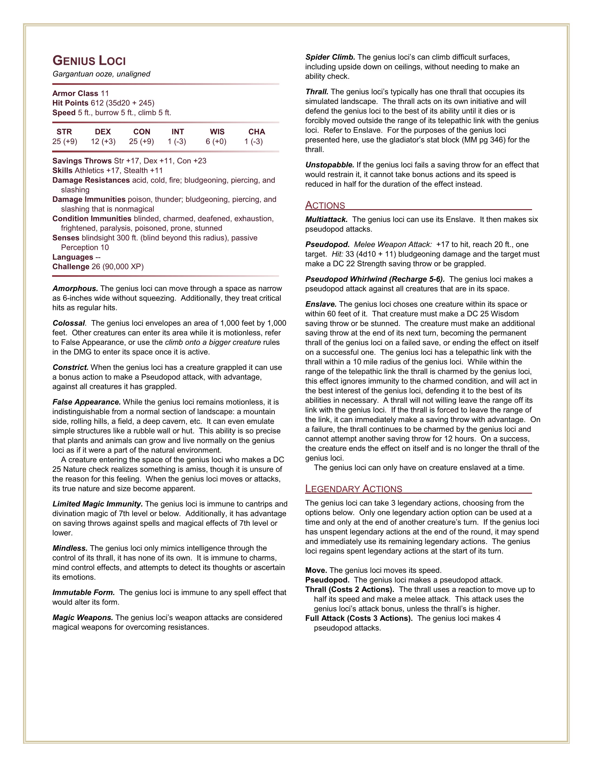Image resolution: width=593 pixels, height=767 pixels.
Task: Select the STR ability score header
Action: [x=64, y=132]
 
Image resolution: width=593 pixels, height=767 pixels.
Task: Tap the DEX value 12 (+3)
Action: [x=103, y=142]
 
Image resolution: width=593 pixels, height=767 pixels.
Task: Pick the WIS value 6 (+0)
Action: [x=216, y=142]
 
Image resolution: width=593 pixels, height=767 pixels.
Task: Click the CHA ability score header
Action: [x=257, y=132]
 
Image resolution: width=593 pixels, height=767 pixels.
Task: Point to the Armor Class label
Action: [x=75, y=93]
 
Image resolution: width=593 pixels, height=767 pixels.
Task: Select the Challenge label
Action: [x=71, y=267]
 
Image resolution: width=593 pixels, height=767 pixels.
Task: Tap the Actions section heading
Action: [x=325, y=205]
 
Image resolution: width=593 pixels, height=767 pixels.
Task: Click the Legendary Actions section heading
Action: [x=353, y=489]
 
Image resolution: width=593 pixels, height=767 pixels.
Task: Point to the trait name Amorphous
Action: [x=75, y=289]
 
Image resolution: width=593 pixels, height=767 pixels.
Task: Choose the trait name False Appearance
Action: [x=87, y=402]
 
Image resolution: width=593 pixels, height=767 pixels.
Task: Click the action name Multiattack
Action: [x=326, y=219]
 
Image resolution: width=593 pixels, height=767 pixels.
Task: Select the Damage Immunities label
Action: [x=89, y=199]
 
